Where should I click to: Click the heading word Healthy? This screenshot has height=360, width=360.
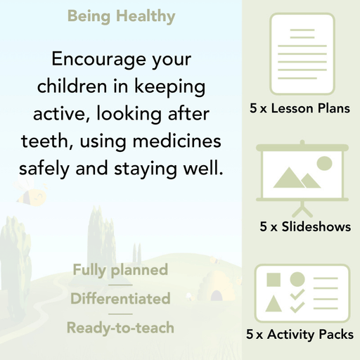pos(148,15)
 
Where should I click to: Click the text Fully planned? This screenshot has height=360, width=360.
pos(120,270)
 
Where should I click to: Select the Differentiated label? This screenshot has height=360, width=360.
pos(120,299)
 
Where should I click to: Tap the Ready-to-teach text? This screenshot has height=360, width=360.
pos(120,328)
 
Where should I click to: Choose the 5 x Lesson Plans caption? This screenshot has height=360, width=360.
pos(300,109)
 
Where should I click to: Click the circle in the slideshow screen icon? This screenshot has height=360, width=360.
pos(324,165)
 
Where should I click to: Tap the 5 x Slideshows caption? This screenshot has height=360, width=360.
pos(305,227)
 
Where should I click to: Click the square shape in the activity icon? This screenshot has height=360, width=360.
pos(274,279)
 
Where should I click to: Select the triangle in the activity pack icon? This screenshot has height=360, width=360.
pos(274,304)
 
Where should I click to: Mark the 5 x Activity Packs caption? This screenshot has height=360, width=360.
pos(300,335)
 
